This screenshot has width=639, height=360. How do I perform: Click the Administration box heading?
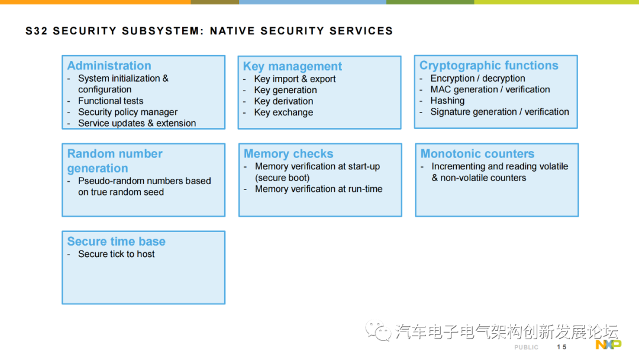[x=109, y=66]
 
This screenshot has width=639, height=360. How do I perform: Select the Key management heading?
[x=292, y=66]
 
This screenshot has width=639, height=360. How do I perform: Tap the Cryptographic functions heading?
[x=489, y=65]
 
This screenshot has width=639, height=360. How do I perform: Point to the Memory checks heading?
[x=289, y=154]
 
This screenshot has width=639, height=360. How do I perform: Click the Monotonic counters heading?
[x=477, y=154]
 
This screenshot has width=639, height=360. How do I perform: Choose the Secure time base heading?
[x=116, y=242]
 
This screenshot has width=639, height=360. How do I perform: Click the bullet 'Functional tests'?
[x=111, y=101]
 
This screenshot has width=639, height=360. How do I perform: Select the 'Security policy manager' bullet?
[x=128, y=112]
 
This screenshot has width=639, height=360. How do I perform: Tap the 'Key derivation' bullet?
[x=283, y=101]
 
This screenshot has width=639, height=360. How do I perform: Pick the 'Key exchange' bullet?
[x=283, y=112]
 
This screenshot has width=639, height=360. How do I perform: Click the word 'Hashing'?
[x=447, y=101]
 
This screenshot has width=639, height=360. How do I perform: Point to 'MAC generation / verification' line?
[x=490, y=89]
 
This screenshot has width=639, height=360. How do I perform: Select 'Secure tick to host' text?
[x=117, y=254]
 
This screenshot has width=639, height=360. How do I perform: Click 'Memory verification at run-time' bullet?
[x=319, y=189]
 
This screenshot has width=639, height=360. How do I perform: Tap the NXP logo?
[x=608, y=345]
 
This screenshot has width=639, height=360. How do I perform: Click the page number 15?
[x=561, y=347]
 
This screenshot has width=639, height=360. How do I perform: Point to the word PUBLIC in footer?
[x=526, y=348]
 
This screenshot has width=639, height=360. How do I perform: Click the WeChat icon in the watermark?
[x=378, y=331]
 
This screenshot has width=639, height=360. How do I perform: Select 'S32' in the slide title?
[x=37, y=31]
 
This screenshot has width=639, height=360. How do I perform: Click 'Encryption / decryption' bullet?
[x=477, y=78]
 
